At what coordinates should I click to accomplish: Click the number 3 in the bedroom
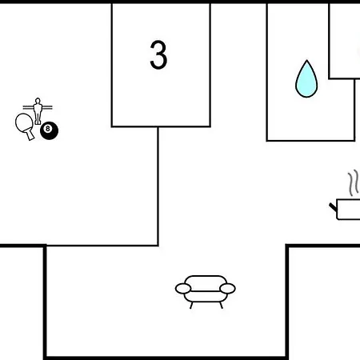pos(158,55)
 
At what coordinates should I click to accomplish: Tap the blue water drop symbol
pos(306,79)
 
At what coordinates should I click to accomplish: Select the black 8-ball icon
pos(49,130)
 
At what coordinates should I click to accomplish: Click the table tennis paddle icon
pos(25,126)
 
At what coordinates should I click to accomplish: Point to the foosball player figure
pos(38,111)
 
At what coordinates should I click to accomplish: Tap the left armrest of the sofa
pos(183,289)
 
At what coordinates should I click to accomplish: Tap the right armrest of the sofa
pos(227,289)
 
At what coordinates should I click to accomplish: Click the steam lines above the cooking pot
pos(354,182)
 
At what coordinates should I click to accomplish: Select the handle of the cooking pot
pos(333,207)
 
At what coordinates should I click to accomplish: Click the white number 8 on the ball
pos(48,129)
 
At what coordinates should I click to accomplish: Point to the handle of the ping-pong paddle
pos(30,135)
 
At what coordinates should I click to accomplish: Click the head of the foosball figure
pos(38,101)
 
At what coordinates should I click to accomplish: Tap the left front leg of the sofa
pos(191,306)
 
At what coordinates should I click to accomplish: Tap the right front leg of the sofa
pos(221,306)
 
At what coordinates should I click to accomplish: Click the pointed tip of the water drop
pos(306,61)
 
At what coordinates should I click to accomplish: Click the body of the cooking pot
pos(348,210)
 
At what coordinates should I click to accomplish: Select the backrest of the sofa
pos(206,283)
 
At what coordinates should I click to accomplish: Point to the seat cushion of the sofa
pos(206,297)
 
